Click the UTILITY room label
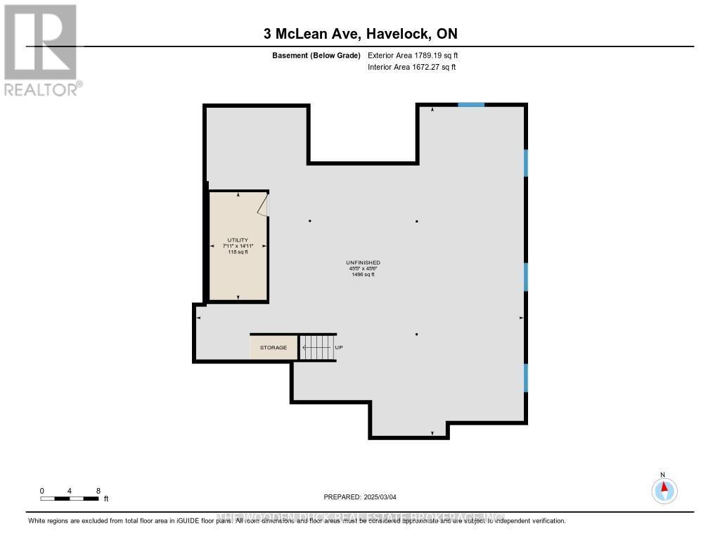[x=238, y=239]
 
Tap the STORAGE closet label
[x=274, y=348]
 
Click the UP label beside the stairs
[x=338, y=348]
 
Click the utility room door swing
[x=264, y=205]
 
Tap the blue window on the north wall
[x=471, y=105]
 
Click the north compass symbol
[x=664, y=489]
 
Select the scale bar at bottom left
[x=70, y=499]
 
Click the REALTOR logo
[x=41, y=50]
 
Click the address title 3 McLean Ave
[x=360, y=34]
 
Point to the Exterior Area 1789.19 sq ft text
[x=413, y=55]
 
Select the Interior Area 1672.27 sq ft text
[x=412, y=67]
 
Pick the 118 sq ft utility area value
[x=238, y=251]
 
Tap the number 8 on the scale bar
[x=98, y=491]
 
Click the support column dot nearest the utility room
[x=309, y=221]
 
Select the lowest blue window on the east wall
[x=525, y=378]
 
